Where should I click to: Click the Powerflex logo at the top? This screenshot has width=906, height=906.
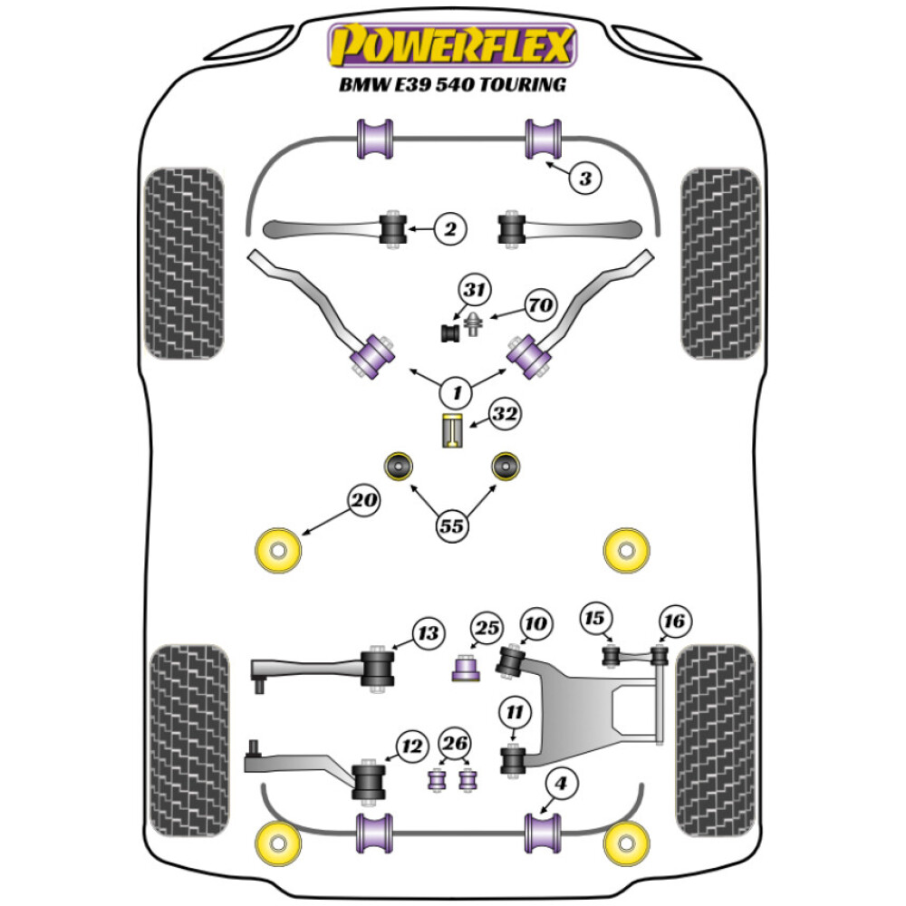coord(452,45)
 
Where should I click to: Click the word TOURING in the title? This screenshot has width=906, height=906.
coord(524,85)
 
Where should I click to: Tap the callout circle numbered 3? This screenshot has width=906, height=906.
coord(584,178)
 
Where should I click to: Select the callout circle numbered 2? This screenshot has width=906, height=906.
coord(450,229)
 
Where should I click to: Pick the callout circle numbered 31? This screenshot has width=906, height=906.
coord(475,289)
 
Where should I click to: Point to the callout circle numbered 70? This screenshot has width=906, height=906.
coord(541,304)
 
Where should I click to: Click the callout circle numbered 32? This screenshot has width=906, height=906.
coord(505,414)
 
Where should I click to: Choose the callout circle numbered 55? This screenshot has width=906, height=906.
coord(452,525)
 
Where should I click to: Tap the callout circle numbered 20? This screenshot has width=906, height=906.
coord(364,500)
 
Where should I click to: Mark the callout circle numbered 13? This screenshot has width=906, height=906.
coord(429,633)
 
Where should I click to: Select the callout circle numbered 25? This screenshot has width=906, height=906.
coord(487,628)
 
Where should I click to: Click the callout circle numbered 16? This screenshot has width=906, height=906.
coord(674,622)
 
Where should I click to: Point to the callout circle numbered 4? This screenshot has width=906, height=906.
coord(560,784)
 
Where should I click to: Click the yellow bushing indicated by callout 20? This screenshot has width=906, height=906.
coord(278,550)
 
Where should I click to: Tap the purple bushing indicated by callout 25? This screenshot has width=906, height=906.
coord(466,668)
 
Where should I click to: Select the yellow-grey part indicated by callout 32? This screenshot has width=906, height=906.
coord(452,430)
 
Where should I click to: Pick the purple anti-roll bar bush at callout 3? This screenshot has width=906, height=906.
coord(543,139)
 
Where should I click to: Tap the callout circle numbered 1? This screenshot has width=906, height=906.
coord(457,393)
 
